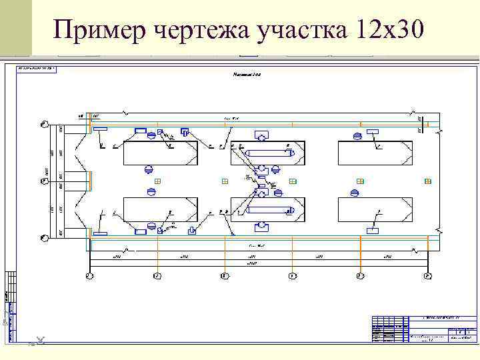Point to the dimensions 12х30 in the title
pos(387,29)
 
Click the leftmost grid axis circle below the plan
pos(89,275)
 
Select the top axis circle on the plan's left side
pos(43,123)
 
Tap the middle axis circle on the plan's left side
pos(43,181)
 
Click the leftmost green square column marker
pos(157,181)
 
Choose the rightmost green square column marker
pos(427,181)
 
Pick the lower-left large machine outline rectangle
pos(161,209)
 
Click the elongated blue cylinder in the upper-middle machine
pos(268,153)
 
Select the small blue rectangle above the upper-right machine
pos(373,131)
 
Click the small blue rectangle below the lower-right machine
pos(373,231)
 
